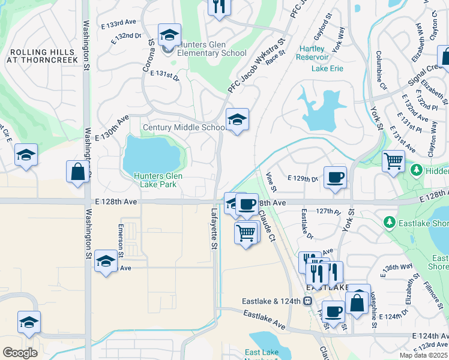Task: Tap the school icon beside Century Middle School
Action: coord(237,120)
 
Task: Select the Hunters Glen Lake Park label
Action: coord(157,180)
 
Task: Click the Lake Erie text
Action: coord(327,68)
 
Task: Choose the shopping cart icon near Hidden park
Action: coord(393,160)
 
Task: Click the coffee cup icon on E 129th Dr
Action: coord(335,177)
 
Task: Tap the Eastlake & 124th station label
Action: coord(271,301)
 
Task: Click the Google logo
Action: coord(20,352)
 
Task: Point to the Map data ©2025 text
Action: coord(423,355)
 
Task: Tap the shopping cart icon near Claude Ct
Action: coord(246,233)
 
